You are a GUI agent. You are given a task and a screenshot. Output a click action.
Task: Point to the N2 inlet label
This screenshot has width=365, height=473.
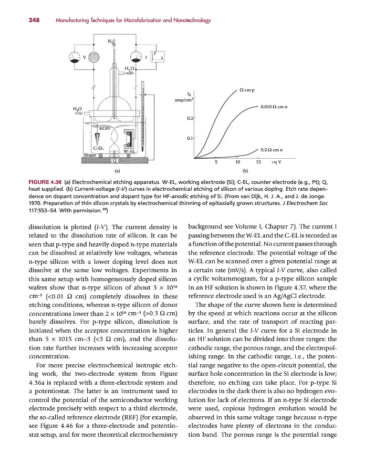pyautogui.click(x=111, y=41)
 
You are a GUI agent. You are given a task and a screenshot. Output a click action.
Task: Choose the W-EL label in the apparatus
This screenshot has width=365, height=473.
pyautogui.click(x=129, y=151)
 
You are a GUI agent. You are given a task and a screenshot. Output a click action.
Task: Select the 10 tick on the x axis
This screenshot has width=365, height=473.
pyautogui.click(x=237, y=162)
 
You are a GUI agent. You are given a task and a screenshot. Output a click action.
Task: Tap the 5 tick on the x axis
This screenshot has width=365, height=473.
pyautogui.click(x=216, y=162)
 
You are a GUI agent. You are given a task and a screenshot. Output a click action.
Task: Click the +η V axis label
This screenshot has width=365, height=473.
pyautogui.click(x=275, y=162)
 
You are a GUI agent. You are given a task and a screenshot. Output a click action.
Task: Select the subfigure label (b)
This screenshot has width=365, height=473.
pyautogui.click(x=245, y=171)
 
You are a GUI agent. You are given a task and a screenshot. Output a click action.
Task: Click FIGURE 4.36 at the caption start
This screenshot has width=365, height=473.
pyautogui.click(x=46, y=182)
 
